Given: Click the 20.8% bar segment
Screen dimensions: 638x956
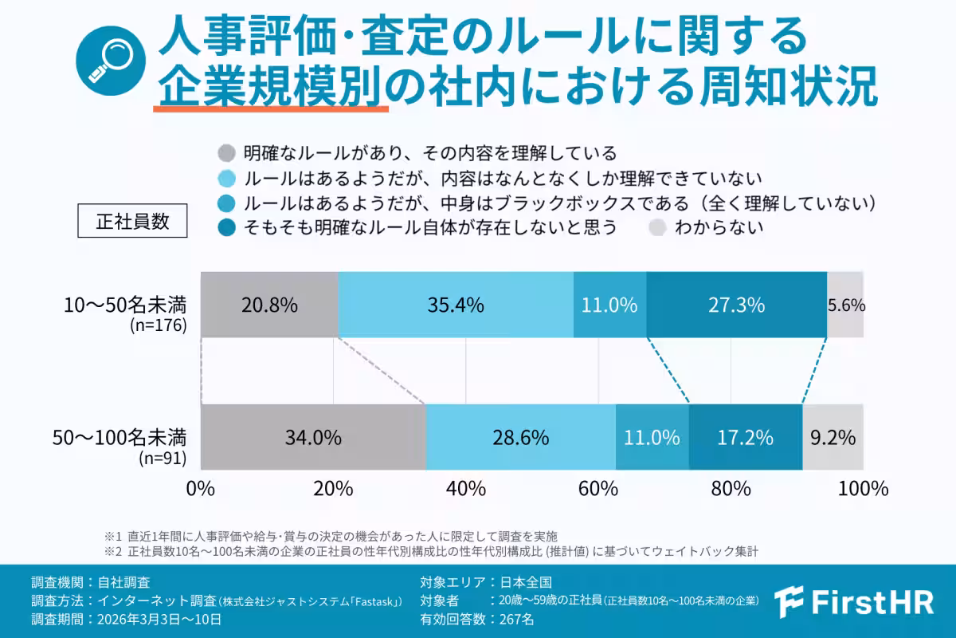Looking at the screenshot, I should tap(269, 305).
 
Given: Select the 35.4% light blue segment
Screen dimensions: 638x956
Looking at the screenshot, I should tap(456, 305).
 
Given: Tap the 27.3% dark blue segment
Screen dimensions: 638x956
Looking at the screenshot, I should tap(737, 305).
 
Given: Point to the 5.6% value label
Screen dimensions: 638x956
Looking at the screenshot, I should tap(846, 305).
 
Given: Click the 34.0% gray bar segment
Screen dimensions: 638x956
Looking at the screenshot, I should tap(313, 437).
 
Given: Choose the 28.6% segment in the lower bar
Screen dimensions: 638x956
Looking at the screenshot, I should tap(520, 437).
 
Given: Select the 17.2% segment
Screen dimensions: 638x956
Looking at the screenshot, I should tap(746, 437).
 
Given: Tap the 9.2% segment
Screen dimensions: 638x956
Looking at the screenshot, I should tap(833, 437).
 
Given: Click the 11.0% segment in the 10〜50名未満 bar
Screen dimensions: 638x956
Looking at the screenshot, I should tap(609, 305).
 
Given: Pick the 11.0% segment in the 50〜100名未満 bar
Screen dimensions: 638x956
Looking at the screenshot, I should tap(652, 437).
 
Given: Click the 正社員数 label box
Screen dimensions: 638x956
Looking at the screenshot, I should tap(132, 221).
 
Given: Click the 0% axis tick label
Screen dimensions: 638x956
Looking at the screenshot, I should tap(201, 488).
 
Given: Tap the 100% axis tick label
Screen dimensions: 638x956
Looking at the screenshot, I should tap(864, 488).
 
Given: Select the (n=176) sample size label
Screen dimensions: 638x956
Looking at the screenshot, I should tap(158, 325).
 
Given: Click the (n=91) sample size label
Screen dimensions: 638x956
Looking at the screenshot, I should tap(163, 458).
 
